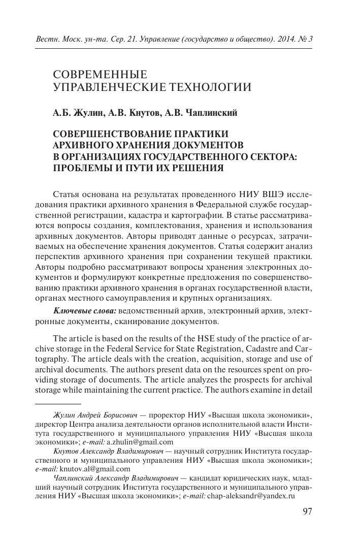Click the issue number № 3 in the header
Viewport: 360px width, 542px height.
point(307,39)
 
